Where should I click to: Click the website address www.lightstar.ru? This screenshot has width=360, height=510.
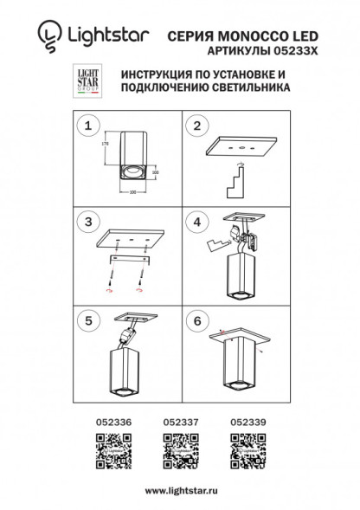click(179, 491)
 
